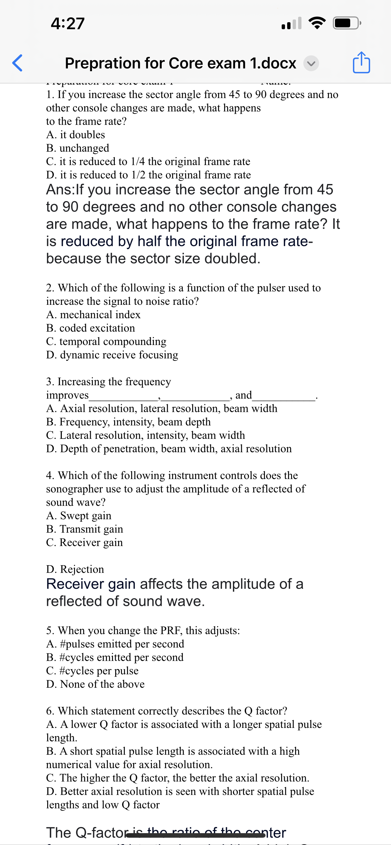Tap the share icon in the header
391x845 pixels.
tap(361, 62)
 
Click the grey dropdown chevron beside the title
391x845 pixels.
tap(311, 63)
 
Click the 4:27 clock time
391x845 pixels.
tap(68, 24)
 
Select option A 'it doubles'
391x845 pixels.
tap(76, 134)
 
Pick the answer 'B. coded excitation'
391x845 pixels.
tap(91, 328)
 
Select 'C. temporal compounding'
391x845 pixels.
tap(106, 342)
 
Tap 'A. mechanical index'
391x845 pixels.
tap(93, 315)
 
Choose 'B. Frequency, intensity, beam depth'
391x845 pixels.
tap(129, 422)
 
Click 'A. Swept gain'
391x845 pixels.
tap(79, 516)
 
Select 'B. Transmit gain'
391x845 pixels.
tap(85, 529)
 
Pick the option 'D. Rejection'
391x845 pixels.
tap(75, 569)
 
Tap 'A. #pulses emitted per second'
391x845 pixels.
tap(115, 644)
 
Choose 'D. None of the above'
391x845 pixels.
tap(95, 684)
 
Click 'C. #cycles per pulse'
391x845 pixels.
tap(92, 671)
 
